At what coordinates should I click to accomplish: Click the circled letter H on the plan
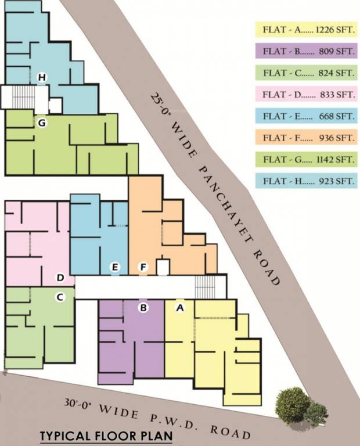41,77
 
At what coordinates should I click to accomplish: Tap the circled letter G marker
41,123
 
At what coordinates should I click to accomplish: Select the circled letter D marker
60,278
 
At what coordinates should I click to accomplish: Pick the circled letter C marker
60,297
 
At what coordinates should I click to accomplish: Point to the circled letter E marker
116,267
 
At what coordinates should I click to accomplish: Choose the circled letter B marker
143,307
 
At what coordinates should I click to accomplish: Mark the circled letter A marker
180,308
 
